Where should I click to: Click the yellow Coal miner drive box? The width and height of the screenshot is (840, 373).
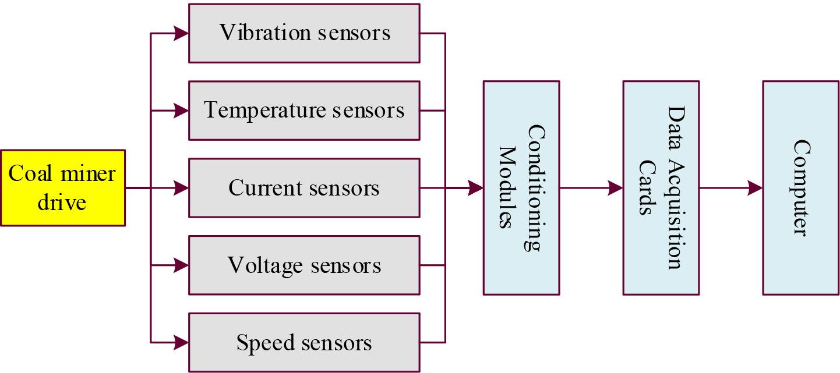point(62,188)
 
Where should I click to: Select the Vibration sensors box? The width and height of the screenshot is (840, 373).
point(303,33)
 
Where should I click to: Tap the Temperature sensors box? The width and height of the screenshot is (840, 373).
point(303,111)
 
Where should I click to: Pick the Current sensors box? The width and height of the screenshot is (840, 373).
point(303,188)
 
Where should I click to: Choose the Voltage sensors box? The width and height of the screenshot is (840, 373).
point(303,265)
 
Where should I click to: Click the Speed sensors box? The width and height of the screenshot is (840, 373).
point(303,343)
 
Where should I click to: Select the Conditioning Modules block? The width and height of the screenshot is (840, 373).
point(521,188)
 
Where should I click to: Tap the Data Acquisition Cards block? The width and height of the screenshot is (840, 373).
point(661,188)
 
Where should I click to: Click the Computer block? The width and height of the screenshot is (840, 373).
point(800,188)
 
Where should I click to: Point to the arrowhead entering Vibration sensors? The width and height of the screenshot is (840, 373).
point(181,33)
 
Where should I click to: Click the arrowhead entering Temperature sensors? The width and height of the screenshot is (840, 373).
point(181,111)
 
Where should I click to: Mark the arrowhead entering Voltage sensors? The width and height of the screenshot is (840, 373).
point(181,265)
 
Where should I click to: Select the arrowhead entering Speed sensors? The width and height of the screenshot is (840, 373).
point(181,343)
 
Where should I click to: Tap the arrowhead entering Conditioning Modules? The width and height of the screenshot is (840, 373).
point(475,188)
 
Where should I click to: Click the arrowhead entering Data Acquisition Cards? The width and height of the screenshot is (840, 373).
point(615,188)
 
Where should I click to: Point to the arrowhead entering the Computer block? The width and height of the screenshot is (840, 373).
point(755,188)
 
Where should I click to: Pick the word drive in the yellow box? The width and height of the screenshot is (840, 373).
point(62,202)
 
